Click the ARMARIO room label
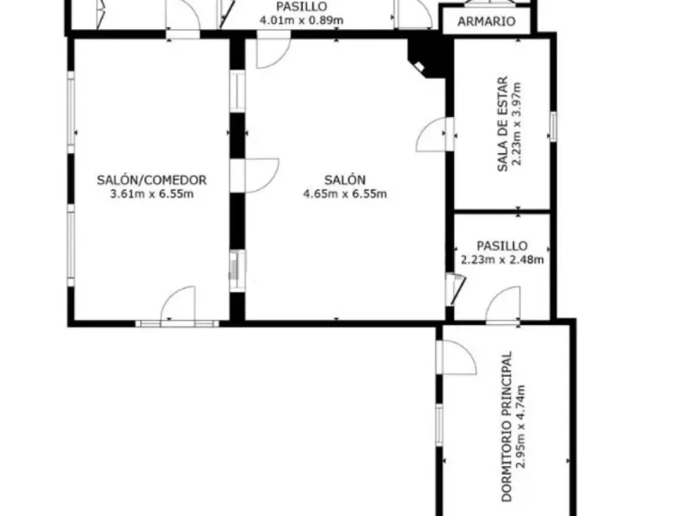(x=486, y=21)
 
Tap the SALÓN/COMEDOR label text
(x=151, y=180)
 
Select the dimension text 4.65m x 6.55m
(x=345, y=194)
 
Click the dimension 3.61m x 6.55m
(x=151, y=194)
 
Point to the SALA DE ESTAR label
(x=502, y=124)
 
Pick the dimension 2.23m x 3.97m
(x=517, y=124)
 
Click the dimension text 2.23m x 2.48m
(x=502, y=260)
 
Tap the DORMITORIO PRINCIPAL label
(x=507, y=426)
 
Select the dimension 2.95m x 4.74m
(x=520, y=427)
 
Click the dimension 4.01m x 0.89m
(x=302, y=20)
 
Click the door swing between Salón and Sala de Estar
(x=433, y=134)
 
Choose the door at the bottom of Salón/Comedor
(x=178, y=305)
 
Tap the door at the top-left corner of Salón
(x=273, y=52)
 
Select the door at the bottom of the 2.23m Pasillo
(x=503, y=305)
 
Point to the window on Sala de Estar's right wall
(x=553, y=126)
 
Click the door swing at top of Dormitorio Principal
(x=459, y=358)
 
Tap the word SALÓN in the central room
(x=345, y=180)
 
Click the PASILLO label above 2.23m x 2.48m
(x=502, y=246)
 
